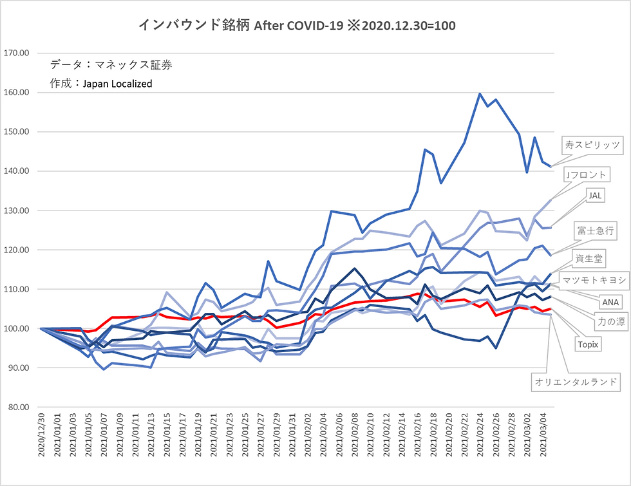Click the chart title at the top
pos(297,25)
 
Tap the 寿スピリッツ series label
pos(592,145)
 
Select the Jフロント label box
pos(587,174)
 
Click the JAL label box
pos(595,196)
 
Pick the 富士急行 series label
pos(595,230)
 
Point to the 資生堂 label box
pos(589,258)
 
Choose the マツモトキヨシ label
pos(594,280)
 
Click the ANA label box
pos(610,302)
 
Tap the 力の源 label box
pos(611,321)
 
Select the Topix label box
pos(588,344)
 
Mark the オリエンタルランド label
pos(576,382)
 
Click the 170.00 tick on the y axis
pos(17,53)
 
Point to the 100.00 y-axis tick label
pos(17,328)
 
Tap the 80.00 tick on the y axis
pos(19,407)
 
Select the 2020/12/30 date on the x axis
pos(41,435)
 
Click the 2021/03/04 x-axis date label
pos(543,435)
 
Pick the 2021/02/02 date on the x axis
pos(308,435)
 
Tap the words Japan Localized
pos(117,84)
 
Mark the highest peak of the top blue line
pos(480,94)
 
